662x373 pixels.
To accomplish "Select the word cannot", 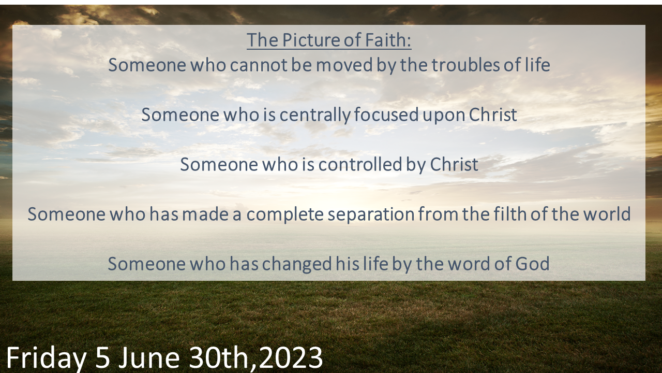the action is [258, 65].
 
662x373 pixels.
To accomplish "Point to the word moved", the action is [344, 65].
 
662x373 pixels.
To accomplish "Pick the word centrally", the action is [315, 115].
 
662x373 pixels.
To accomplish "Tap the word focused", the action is [386, 114].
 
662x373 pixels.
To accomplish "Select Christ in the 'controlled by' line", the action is [454, 164].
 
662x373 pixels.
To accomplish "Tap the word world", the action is [607, 214].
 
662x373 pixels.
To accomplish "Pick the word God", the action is [532, 264].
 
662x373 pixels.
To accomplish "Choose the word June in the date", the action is [148, 357].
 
